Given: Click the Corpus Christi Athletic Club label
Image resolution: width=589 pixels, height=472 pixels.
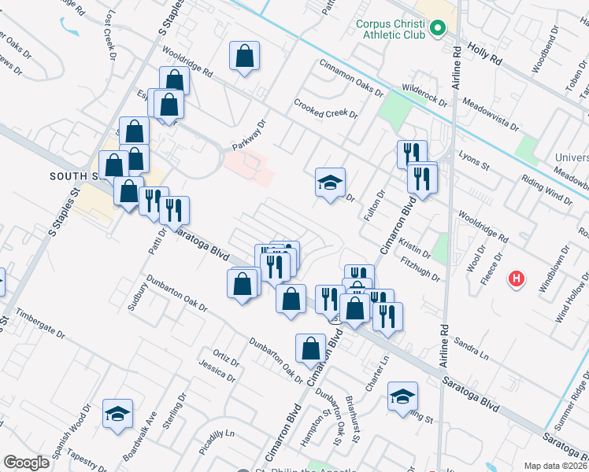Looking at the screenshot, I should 391,29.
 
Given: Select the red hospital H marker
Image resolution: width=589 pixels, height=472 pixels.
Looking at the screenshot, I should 517,278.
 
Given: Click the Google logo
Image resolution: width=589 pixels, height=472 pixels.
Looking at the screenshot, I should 25,463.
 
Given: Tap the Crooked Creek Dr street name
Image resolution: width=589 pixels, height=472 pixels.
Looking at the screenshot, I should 326,109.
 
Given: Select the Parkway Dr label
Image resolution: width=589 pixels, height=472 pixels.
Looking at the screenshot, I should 250,135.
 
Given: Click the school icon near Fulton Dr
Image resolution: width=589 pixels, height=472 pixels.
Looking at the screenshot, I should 331,183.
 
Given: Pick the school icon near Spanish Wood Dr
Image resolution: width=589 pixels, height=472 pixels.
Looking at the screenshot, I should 118,414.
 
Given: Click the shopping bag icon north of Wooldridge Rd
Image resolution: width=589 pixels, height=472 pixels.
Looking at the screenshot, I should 244,56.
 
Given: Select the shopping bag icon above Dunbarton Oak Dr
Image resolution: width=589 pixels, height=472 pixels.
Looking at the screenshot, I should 312,348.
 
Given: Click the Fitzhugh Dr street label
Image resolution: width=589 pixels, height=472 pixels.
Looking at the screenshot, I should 420,267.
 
